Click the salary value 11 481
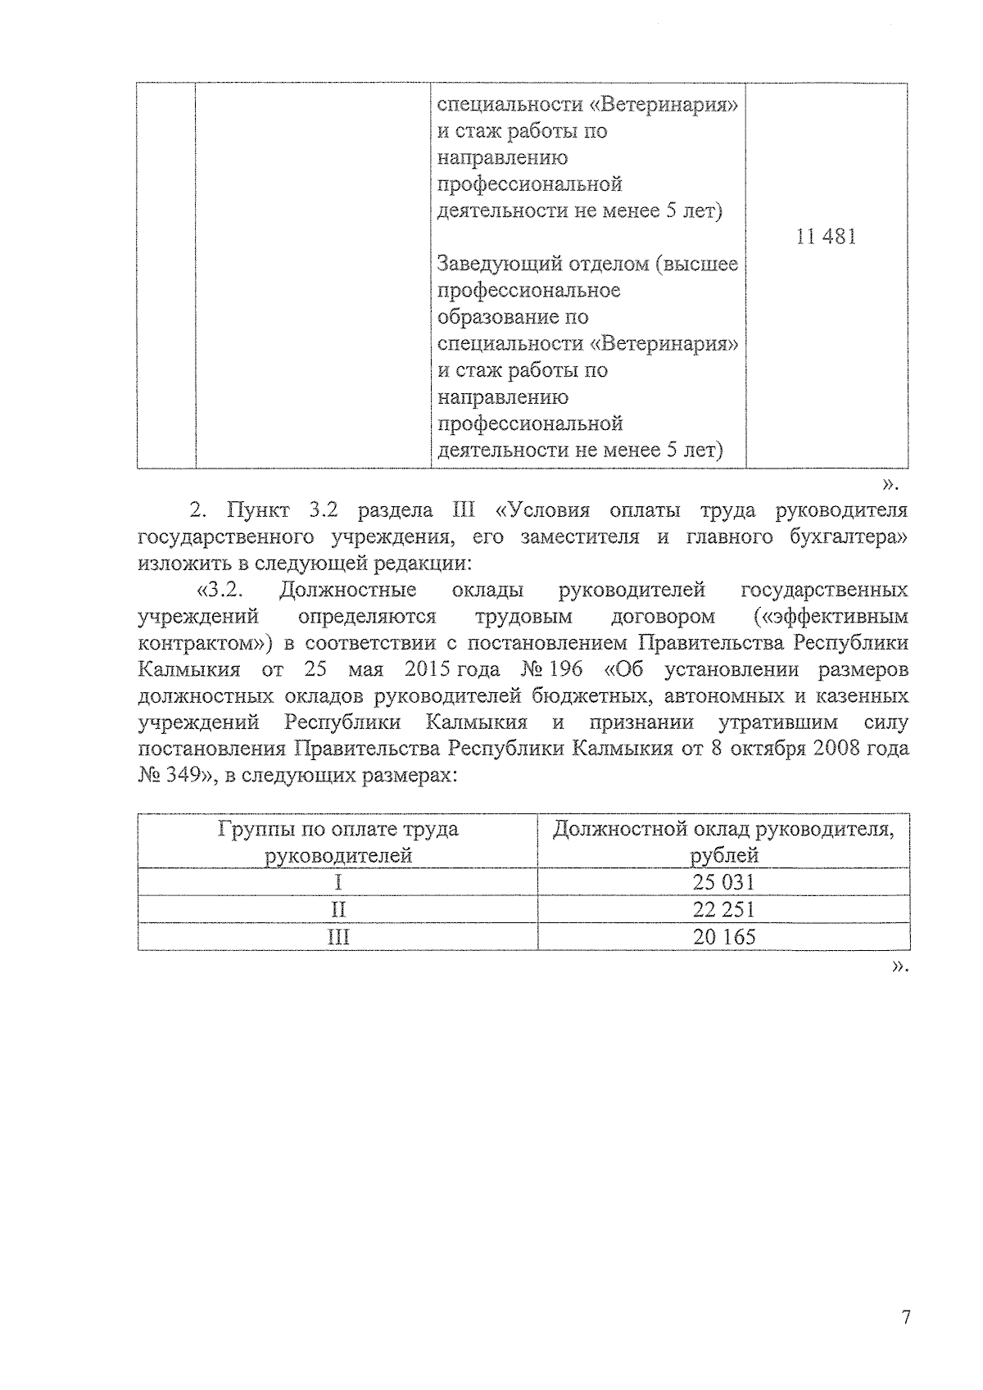pos(826,238)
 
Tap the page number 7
pos(905,1318)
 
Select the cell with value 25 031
pos(723,882)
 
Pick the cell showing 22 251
pos(723,909)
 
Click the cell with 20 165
pos(723,936)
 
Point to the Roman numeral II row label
pos(337,909)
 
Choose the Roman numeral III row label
pos(337,936)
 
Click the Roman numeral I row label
pos(337,882)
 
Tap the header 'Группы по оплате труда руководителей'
pos(337,842)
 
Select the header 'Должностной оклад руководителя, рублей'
pos(723,842)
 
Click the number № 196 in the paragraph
pos(550,669)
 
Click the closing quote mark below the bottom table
pos(899,967)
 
